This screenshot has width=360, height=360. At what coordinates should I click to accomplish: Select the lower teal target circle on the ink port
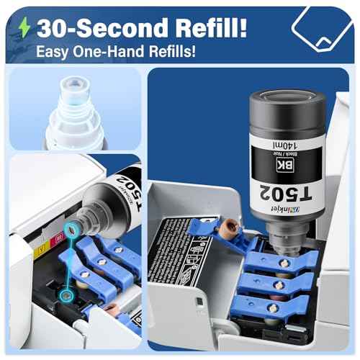tap(67, 294)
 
